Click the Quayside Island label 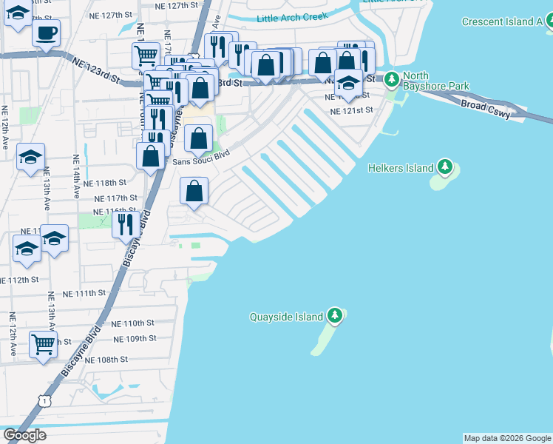287,317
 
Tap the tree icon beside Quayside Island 335,316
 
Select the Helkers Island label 401,168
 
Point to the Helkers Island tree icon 444,167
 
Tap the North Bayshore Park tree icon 390,77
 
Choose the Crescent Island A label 502,21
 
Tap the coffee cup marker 46,33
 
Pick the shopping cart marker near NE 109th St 44,343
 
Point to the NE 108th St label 106,360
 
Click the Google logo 24,435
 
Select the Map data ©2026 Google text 507,438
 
